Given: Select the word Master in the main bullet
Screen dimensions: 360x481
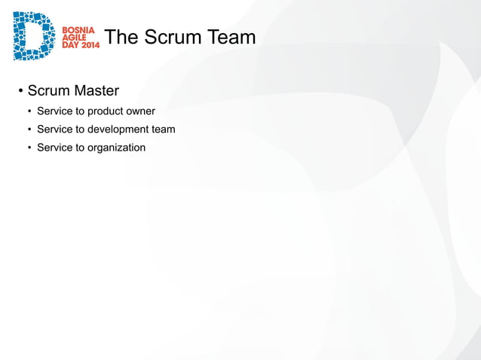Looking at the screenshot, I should [96, 91].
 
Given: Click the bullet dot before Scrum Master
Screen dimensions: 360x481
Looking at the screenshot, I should [20, 92].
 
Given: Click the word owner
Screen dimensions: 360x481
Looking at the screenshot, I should [141, 112].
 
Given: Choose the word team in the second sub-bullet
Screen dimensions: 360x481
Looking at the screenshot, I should [164, 130].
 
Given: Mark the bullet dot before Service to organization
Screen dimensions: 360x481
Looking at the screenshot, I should [30, 148].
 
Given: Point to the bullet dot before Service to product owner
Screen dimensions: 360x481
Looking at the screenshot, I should [30, 113].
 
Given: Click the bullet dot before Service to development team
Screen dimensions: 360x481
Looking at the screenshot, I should [30, 130].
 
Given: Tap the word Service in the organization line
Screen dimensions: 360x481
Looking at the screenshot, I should [55, 148].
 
